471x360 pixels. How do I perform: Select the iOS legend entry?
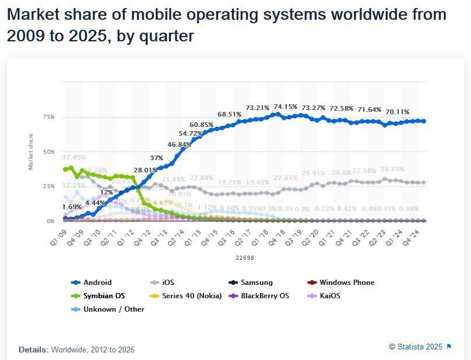[167, 283]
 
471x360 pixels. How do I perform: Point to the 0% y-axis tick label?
[51, 221]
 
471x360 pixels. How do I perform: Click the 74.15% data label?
[286, 107]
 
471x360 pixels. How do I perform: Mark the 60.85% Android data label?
[201, 125]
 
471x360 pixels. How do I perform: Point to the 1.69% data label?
[71, 207]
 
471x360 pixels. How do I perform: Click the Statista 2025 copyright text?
[416, 347]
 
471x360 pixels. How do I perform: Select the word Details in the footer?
[33, 350]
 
